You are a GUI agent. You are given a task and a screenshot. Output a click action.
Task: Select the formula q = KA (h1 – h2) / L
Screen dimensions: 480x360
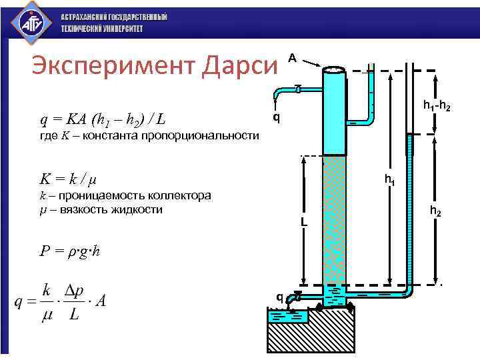pyautogui.click(x=103, y=120)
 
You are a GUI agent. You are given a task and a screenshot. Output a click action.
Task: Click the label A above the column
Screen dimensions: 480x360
pyautogui.click(x=291, y=58)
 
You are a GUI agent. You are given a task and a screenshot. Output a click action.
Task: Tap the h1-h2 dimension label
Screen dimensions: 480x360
pyautogui.click(x=437, y=106)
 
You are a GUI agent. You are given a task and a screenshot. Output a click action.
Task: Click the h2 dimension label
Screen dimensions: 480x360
pyautogui.click(x=434, y=212)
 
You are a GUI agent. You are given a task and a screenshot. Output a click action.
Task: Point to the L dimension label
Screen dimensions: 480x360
pyautogui.click(x=303, y=221)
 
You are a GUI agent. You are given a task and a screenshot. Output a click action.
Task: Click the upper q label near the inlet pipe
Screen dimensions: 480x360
pyautogui.click(x=276, y=117)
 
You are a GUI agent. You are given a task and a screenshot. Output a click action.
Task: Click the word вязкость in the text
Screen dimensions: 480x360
pyautogui.click(x=73, y=209)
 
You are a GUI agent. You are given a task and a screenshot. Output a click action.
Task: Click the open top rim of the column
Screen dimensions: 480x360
pyautogui.click(x=333, y=69)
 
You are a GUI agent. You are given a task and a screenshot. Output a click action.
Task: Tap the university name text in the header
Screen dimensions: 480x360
pyautogui.click(x=113, y=23)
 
